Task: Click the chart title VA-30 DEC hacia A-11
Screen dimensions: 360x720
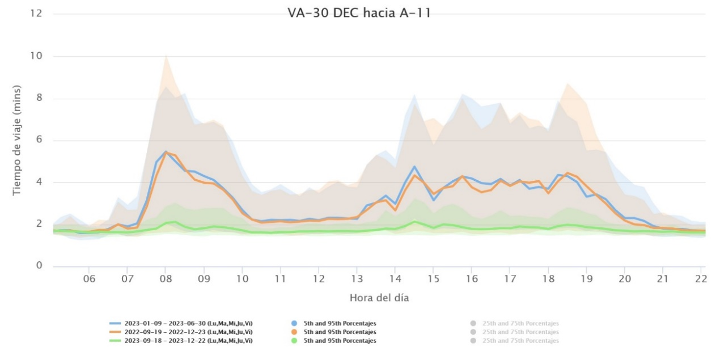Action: point(359,13)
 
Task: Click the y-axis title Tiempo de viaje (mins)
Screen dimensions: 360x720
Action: point(16,140)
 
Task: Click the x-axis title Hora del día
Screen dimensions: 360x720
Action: point(379,297)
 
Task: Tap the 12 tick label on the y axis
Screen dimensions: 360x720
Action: point(37,13)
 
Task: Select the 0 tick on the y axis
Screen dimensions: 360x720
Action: point(40,266)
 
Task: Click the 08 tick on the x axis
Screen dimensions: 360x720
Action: point(166,279)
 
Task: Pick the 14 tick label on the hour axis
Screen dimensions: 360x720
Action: point(395,279)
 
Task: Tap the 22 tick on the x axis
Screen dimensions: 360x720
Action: point(701,279)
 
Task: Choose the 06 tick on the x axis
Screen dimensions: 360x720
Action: point(89,279)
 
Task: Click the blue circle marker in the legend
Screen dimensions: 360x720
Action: point(294,323)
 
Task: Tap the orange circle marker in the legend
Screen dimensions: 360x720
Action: point(294,332)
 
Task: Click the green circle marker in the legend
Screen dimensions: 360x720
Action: point(294,341)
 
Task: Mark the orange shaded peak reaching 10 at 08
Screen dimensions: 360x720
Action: point(166,56)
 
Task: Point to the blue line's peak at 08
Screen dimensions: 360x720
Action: point(165,151)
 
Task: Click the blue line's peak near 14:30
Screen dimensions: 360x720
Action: point(414,167)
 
